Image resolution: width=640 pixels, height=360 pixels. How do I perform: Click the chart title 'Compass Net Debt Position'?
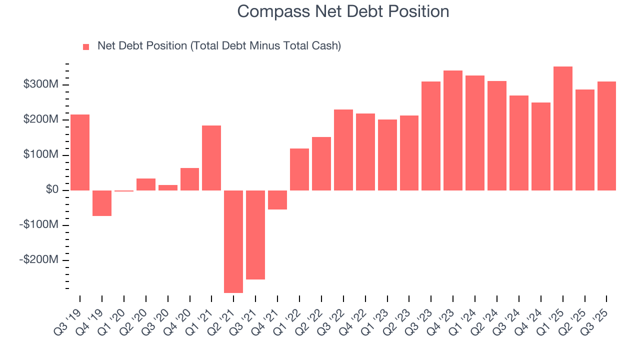click(343, 11)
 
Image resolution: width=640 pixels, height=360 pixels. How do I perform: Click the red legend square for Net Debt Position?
click(86, 46)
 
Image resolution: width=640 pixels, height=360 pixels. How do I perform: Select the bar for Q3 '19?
click(80, 152)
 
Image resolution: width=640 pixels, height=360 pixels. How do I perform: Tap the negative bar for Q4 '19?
click(102, 203)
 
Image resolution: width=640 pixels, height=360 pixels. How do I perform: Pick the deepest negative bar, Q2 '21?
click(233, 241)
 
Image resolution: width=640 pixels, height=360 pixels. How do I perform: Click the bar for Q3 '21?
click(255, 235)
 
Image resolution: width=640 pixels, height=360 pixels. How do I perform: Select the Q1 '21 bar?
click(211, 158)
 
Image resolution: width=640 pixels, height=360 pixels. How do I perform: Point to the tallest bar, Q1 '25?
click(563, 128)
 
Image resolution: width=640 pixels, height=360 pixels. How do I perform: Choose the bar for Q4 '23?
click(453, 130)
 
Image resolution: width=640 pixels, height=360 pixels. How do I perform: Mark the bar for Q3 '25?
click(606, 136)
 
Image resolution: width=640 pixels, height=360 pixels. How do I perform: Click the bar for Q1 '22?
click(299, 169)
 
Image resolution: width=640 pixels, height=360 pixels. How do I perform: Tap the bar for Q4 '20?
click(189, 179)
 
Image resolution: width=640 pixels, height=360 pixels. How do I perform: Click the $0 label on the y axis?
click(51, 190)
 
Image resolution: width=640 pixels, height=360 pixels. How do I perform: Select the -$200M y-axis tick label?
click(39, 260)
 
